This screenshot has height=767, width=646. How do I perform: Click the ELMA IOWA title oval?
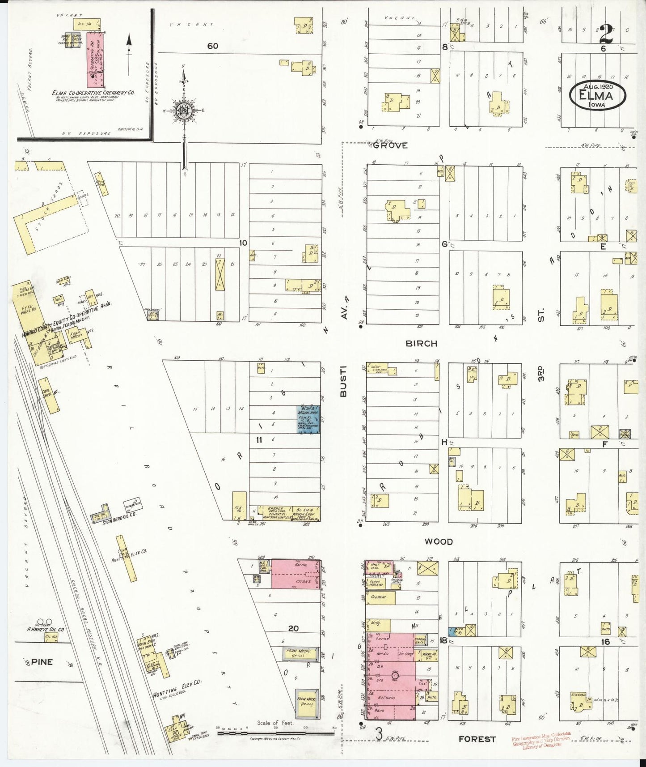pyautogui.click(x=597, y=95)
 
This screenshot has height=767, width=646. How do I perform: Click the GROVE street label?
pyautogui.click(x=390, y=145)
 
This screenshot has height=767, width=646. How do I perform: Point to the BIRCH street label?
pyautogui.click(x=421, y=343)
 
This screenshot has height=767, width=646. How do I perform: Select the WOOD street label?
pyautogui.click(x=438, y=541)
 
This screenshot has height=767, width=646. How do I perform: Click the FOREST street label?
pyautogui.click(x=477, y=739)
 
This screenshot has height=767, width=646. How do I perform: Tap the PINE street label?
pyautogui.click(x=42, y=661)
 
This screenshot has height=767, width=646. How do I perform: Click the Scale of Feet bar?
pyautogui.click(x=276, y=733)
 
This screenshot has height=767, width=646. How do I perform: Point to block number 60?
pyautogui.click(x=212, y=46)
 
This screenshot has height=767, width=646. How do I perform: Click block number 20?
pyautogui.click(x=293, y=628)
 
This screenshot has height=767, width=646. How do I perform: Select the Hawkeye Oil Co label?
pyautogui.click(x=45, y=629)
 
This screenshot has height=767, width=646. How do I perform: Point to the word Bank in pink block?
pyautogui.click(x=379, y=710)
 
